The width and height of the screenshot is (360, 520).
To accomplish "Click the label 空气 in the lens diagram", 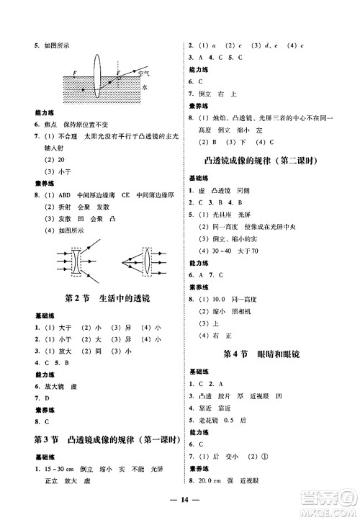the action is point(145,73).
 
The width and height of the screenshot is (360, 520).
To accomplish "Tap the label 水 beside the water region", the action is point(144,85).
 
